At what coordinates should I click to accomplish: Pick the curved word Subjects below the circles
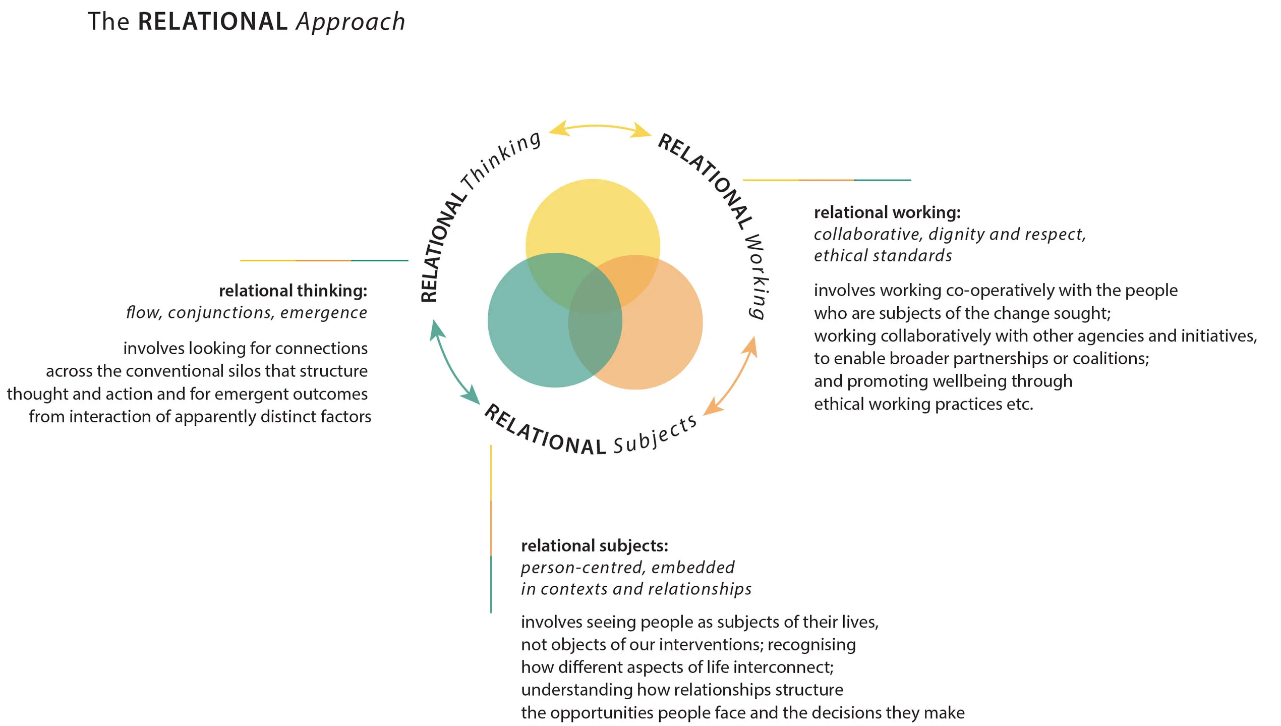click(x=656, y=435)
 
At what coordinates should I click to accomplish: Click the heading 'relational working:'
click(x=887, y=212)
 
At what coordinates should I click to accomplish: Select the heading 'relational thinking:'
click(x=293, y=291)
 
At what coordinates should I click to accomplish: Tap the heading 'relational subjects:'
click(x=595, y=546)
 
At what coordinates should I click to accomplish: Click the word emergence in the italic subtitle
click(x=324, y=313)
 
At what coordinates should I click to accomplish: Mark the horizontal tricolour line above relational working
click(x=827, y=180)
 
